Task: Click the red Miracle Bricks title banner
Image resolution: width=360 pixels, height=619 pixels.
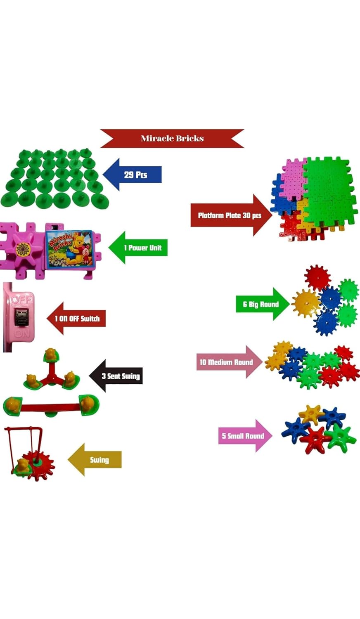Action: (172, 138)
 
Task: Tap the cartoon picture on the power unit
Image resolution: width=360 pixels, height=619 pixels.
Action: (69, 249)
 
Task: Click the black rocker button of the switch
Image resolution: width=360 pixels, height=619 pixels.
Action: (21, 317)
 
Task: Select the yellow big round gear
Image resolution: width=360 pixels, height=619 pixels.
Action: (306, 302)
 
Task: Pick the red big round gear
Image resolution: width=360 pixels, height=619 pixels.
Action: (317, 277)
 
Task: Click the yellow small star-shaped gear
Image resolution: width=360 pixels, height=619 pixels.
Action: (311, 414)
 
